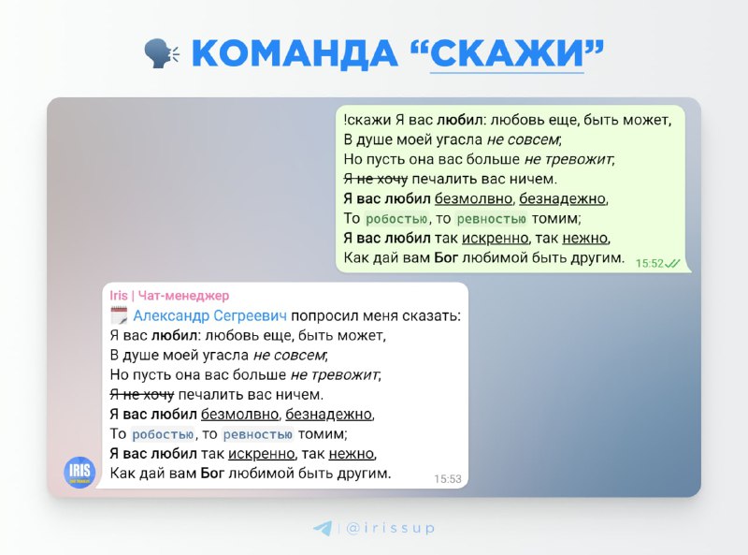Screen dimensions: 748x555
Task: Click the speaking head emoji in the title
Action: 162,53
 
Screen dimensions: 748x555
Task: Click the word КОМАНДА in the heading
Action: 295,53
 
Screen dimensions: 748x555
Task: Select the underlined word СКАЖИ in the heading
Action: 507,53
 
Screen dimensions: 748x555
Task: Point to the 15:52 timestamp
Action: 649,263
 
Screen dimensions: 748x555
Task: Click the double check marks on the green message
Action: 672,263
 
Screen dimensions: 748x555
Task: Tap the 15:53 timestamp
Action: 448,478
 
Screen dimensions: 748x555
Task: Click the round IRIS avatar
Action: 79,473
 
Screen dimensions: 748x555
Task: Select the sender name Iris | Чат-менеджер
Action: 169,296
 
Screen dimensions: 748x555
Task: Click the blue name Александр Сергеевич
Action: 209,315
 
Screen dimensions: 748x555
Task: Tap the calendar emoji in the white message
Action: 119,315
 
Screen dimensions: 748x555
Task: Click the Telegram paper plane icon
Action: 323,528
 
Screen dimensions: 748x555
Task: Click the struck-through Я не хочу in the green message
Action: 376,179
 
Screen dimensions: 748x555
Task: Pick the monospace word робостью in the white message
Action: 163,434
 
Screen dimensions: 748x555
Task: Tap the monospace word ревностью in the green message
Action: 492,219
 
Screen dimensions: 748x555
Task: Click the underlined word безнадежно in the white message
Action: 329,414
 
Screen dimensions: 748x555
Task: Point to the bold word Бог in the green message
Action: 446,258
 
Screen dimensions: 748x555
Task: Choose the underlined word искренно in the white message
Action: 262,453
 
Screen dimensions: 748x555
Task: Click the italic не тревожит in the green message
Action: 568,159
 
